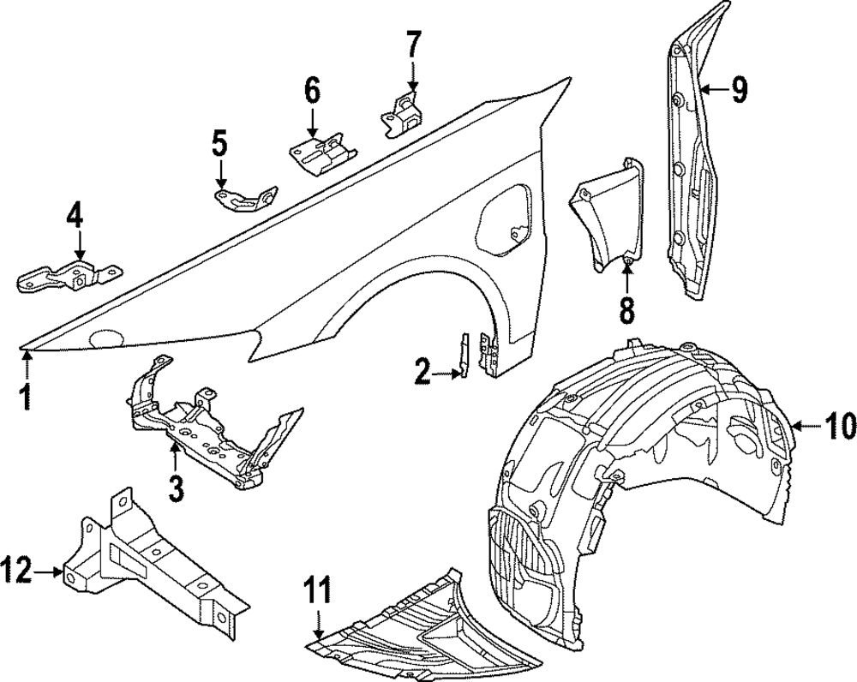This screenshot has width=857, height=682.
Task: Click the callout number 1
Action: (x=27, y=397)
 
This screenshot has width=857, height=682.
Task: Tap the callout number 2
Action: (x=423, y=372)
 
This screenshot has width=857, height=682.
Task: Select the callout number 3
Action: (x=176, y=489)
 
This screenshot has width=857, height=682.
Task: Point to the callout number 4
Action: (x=76, y=214)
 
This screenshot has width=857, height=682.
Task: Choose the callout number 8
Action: (x=627, y=309)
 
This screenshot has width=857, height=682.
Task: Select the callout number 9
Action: (x=739, y=88)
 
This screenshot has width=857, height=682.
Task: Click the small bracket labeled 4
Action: (x=69, y=276)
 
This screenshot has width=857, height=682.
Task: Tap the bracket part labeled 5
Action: (x=245, y=199)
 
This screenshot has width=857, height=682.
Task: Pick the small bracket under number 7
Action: (x=402, y=115)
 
